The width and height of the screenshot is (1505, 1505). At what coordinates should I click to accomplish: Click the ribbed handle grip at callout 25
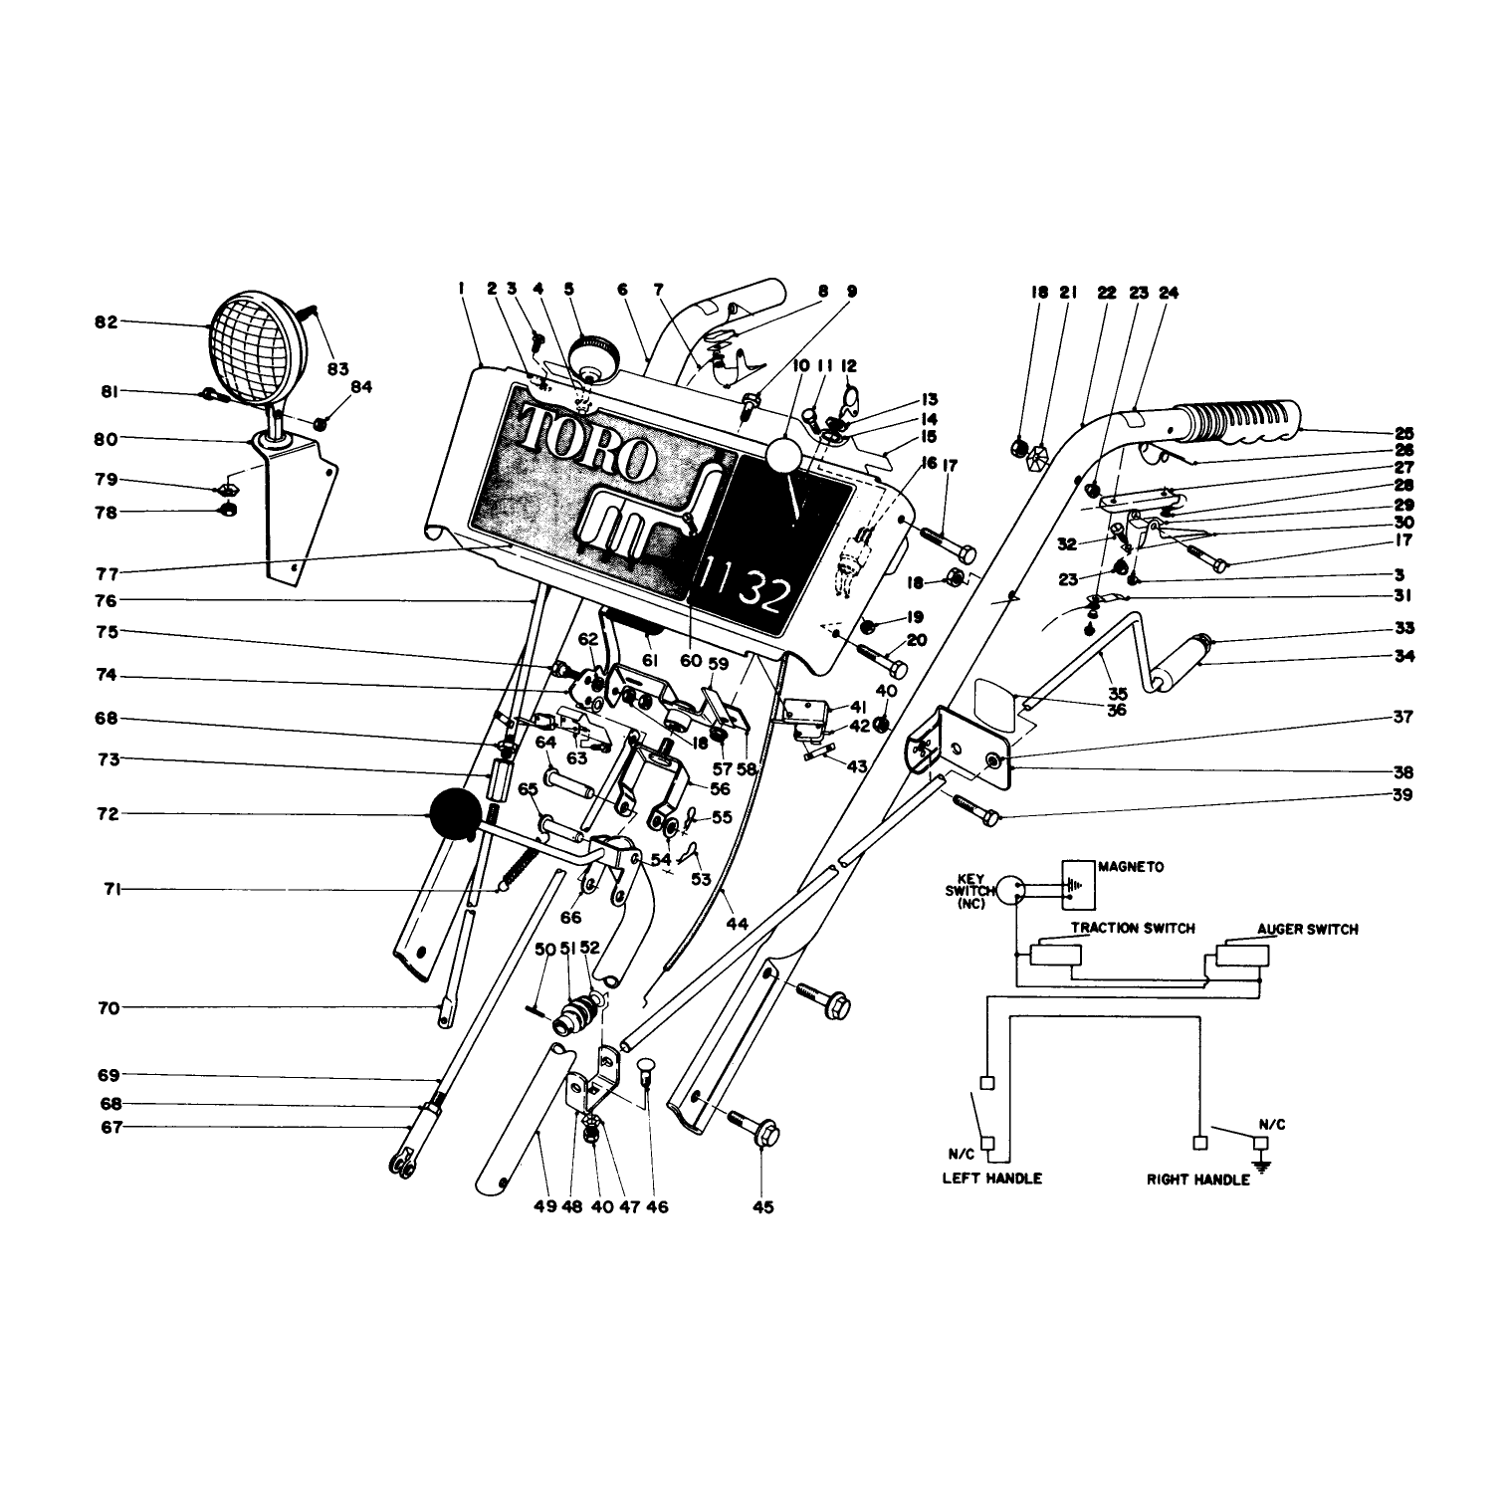[x=1239, y=423]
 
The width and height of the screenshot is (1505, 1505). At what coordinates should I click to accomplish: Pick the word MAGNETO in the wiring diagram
[x=1131, y=867]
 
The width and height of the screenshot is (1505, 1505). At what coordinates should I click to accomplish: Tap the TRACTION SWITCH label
[x=1134, y=928]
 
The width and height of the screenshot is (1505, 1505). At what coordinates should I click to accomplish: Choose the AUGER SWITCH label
[x=1307, y=929]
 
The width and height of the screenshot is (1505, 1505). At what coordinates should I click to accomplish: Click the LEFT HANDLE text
[x=991, y=1179]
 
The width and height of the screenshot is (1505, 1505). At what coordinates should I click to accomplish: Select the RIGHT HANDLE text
[x=1197, y=1180]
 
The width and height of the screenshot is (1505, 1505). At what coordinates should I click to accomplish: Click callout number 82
[x=107, y=322]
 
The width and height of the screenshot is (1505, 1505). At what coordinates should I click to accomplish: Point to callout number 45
[x=762, y=1207]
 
